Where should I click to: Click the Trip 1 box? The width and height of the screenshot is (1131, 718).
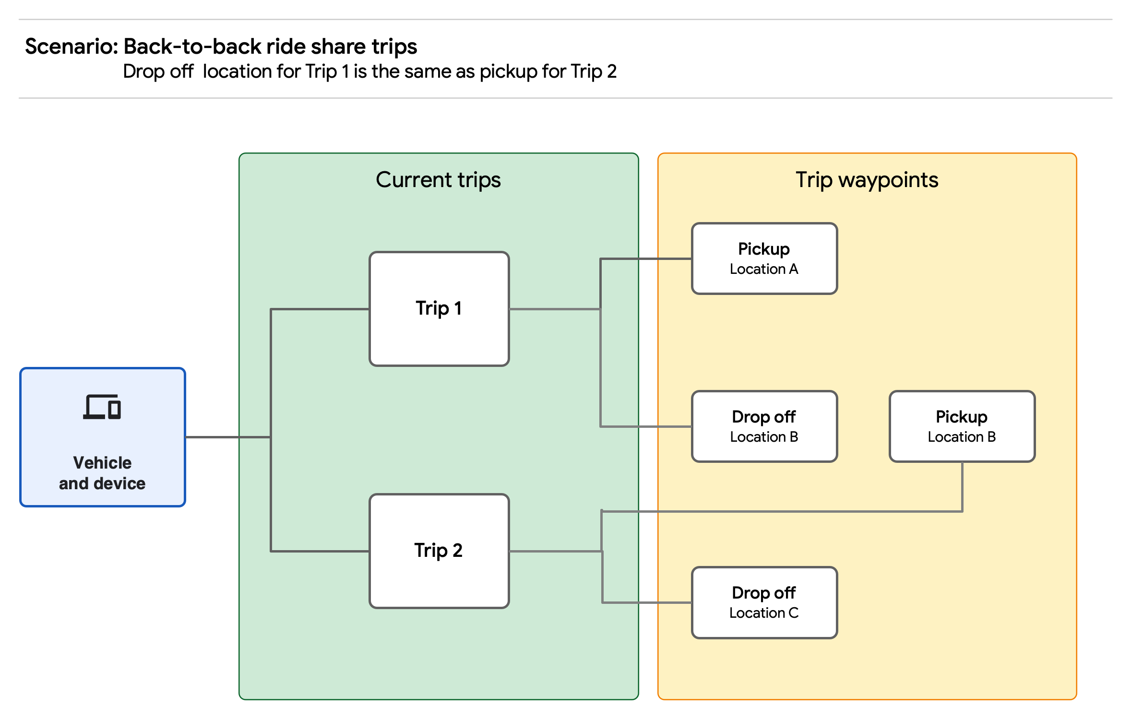(x=439, y=308)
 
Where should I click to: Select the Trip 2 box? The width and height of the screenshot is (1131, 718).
(x=439, y=551)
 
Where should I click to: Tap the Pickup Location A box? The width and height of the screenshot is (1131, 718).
(x=764, y=259)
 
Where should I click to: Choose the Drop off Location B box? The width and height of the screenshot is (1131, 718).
(x=764, y=426)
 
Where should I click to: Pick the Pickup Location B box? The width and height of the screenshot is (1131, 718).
(x=962, y=426)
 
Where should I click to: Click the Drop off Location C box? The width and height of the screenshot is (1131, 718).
(x=764, y=602)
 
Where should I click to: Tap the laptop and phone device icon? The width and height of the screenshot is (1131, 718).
(x=102, y=407)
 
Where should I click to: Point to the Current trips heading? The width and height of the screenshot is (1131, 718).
(x=438, y=180)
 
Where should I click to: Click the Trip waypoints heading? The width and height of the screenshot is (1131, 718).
(x=867, y=180)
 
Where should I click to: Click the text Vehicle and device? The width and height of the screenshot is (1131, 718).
(x=102, y=473)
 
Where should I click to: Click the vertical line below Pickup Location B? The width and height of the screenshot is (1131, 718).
(x=962, y=487)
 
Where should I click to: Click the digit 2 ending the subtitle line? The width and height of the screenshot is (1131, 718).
(x=611, y=71)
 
